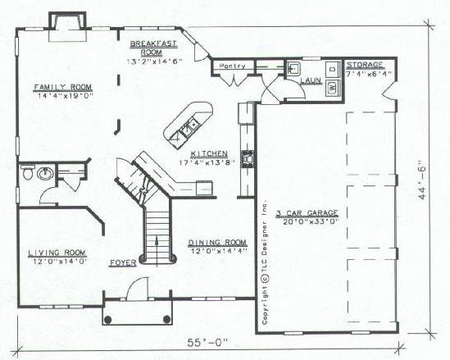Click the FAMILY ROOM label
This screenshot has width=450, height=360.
pos(63,87)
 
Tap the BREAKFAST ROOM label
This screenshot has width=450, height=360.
pos(153,48)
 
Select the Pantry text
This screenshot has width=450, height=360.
pos(233,66)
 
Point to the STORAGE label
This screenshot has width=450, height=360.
pos(365,65)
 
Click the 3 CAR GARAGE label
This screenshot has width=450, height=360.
pos(307,213)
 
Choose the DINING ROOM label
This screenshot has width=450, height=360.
pos(217,243)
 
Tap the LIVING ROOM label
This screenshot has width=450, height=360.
pos(57,253)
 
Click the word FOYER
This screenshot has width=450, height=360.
pos(123,262)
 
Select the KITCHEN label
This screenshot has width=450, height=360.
pos(209,154)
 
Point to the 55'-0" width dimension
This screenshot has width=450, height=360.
pos(207,343)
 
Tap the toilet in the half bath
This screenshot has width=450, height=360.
pos(28,171)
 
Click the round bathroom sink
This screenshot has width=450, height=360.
pos(45,173)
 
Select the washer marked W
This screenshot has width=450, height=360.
pos(332,87)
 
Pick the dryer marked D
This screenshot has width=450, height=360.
pos(333,69)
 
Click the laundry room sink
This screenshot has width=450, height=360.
pos(293,69)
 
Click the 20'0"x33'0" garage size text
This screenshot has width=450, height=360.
pos(311,221)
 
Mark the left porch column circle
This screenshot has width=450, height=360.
pos(107,319)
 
